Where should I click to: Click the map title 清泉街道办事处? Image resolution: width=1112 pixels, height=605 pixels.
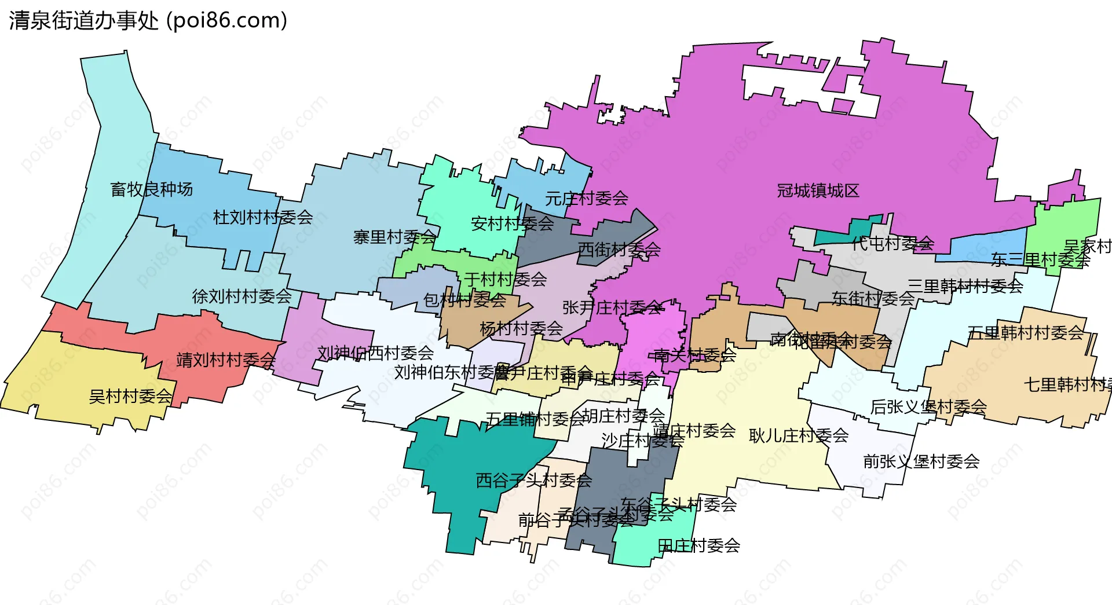click(84, 20)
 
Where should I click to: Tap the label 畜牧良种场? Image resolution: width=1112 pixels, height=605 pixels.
click(151, 189)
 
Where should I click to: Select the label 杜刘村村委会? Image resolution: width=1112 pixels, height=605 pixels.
click(262, 218)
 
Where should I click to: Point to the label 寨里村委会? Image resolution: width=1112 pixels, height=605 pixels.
click(394, 237)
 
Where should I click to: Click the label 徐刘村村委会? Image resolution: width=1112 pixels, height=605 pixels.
click(242, 296)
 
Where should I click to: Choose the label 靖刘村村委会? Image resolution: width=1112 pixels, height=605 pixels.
click(226, 360)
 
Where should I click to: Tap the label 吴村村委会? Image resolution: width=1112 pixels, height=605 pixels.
click(130, 397)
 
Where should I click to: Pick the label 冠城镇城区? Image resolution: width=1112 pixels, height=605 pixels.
click(818, 190)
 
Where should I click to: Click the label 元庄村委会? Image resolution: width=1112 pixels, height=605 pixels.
click(586, 199)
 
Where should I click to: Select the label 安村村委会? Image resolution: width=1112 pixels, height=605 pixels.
click(512, 223)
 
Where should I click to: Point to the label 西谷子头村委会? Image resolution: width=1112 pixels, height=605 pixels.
click(533, 480)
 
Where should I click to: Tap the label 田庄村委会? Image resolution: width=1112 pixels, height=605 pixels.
click(698, 545)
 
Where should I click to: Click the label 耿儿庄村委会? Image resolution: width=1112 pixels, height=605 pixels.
click(799, 435)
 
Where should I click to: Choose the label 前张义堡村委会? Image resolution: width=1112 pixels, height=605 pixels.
click(921, 461)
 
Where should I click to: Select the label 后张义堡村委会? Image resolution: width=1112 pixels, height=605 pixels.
click(928, 407)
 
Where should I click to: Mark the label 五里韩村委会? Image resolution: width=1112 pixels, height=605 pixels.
click(1025, 333)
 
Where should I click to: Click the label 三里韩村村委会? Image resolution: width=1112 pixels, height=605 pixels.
click(965, 285)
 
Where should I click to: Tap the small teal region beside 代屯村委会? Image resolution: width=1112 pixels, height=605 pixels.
click(834, 237)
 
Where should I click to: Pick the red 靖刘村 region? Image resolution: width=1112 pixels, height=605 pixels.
click(174, 336)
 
